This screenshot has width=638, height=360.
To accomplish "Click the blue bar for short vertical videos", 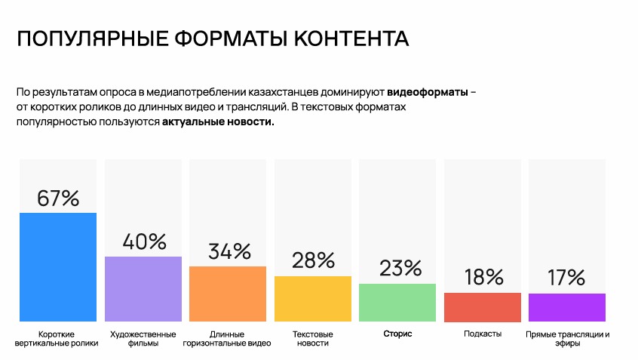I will (58, 267).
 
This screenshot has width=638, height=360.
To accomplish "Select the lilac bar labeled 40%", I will (143, 289).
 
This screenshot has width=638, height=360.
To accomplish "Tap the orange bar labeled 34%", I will (228, 294).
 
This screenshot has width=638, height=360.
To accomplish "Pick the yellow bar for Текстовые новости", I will (313, 299).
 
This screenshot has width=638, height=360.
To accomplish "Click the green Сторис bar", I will (397, 303).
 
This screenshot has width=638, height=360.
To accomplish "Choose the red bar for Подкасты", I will (483, 307).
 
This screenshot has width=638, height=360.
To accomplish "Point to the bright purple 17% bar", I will (567, 307).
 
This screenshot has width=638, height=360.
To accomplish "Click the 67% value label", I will (58, 198).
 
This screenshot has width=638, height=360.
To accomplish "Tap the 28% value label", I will (313, 260).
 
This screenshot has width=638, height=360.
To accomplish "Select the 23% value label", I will (397, 268).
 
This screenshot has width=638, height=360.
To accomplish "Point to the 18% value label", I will (483, 277).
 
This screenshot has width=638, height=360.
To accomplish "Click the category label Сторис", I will (397, 334).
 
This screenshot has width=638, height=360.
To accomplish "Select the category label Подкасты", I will (483, 334).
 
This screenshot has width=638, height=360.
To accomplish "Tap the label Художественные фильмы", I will (143, 338).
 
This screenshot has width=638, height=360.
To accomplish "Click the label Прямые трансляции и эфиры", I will (567, 338).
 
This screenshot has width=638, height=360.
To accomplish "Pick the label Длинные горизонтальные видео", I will (228, 338).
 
